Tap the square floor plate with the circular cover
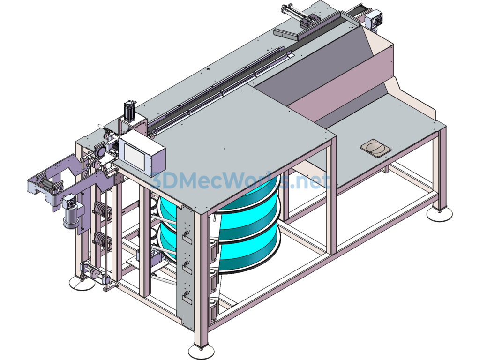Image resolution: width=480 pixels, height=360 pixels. (375, 148)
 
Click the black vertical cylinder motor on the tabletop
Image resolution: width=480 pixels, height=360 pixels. (129, 111)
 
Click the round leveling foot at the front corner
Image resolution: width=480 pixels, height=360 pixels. (202, 350)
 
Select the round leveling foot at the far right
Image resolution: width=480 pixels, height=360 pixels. (439, 214)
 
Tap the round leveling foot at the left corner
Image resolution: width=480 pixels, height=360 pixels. (82, 282)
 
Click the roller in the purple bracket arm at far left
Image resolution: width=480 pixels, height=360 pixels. (47, 187)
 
